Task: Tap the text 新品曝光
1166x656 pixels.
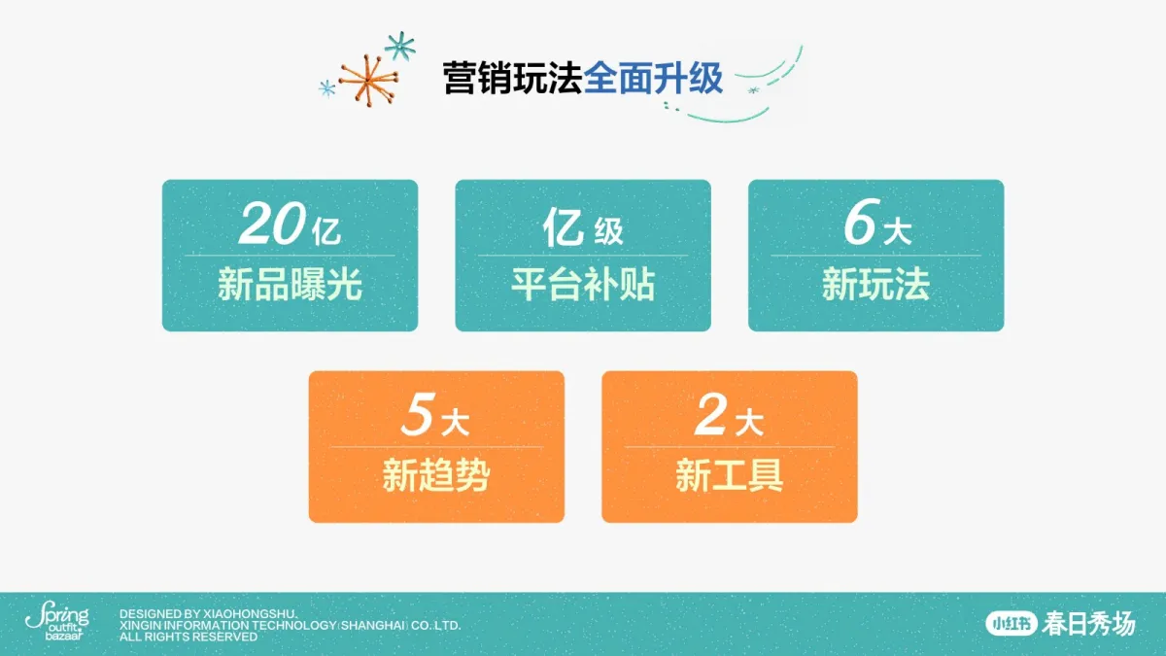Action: click(290, 284)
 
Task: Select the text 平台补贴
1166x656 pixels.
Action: click(583, 284)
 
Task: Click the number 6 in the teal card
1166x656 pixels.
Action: click(859, 223)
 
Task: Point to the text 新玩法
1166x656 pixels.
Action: click(876, 284)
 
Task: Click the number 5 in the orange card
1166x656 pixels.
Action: click(418, 414)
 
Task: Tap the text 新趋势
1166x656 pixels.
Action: click(436, 475)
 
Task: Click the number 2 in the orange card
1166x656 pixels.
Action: click(710, 414)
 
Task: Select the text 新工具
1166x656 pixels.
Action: click(730, 475)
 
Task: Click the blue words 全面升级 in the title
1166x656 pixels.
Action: click(653, 78)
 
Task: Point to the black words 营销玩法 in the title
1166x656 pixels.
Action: click(513, 78)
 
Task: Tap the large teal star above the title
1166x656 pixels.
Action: click(400, 46)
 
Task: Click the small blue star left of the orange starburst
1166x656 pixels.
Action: click(326, 88)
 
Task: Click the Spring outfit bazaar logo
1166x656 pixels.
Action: click(57, 621)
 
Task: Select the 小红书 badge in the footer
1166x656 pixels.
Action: click(1012, 624)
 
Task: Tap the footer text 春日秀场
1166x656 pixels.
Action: click(1089, 624)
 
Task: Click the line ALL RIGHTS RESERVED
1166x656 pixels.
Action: click(189, 637)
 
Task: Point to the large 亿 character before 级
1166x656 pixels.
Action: click(563, 227)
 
